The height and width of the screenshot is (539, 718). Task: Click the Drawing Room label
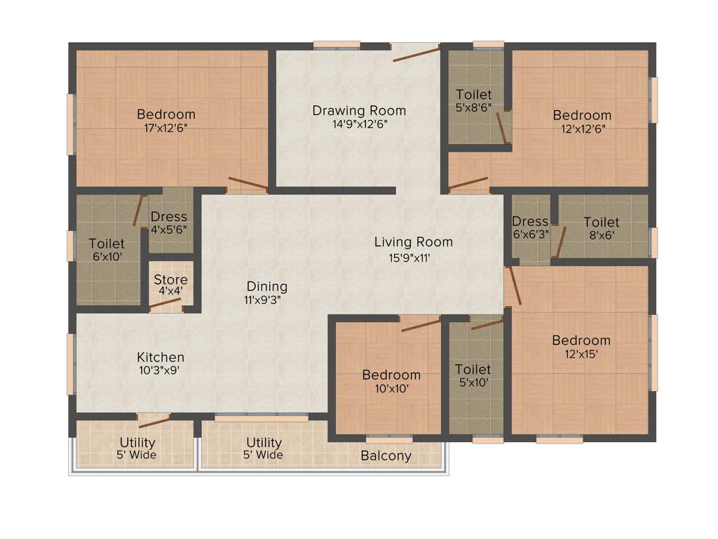click(x=359, y=110)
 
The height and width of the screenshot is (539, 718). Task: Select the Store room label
click(x=170, y=279)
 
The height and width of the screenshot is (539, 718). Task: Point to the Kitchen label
click(x=161, y=357)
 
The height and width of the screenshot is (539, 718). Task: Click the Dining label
click(x=266, y=286)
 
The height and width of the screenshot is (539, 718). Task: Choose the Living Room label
click(x=413, y=242)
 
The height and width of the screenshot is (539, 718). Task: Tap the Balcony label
click(x=386, y=456)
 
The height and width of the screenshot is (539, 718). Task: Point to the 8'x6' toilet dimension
click(x=601, y=236)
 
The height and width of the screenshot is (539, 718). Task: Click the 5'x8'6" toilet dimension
click(x=473, y=107)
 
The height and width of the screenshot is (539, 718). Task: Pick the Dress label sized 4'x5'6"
click(x=169, y=217)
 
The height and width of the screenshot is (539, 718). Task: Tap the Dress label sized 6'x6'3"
click(x=530, y=222)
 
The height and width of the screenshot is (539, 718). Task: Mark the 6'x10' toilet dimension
click(x=107, y=256)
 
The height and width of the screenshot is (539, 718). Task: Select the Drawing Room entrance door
click(x=416, y=53)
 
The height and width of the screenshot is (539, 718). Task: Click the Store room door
click(x=166, y=304)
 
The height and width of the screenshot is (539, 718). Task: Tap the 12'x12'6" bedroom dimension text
click(x=581, y=128)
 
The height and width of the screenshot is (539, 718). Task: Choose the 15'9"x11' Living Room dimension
click(x=413, y=257)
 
